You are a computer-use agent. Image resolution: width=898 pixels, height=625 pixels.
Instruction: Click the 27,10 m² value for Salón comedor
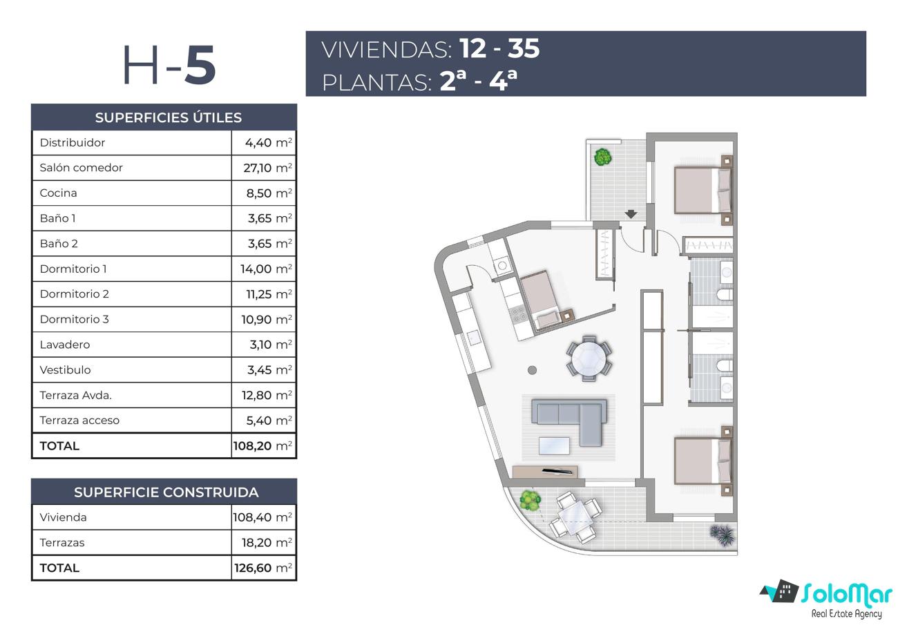(x=267, y=168)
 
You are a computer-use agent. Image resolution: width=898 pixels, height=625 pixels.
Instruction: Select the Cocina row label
(x=58, y=193)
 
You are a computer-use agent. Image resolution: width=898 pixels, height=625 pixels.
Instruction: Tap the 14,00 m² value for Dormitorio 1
(x=266, y=269)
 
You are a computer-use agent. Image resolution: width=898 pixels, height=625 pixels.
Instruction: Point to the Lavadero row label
(x=64, y=345)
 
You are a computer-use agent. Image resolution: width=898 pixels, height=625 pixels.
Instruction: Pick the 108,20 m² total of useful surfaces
(x=262, y=445)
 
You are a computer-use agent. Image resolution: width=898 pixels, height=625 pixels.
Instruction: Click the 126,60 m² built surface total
(x=263, y=568)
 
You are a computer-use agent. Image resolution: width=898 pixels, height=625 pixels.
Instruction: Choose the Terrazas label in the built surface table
(x=62, y=542)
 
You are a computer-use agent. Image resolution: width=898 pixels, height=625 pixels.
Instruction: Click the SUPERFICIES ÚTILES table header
(x=169, y=117)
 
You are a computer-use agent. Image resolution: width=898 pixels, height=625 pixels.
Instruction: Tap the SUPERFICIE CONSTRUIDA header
(x=166, y=492)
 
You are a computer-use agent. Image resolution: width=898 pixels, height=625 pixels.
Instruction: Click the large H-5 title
(x=169, y=64)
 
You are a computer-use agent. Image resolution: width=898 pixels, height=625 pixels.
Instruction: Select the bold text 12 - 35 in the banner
(x=499, y=48)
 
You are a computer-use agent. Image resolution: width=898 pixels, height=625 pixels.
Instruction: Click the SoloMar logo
(x=827, y=599)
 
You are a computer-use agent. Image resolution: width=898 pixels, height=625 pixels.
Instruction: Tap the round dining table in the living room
(x=589, y=358)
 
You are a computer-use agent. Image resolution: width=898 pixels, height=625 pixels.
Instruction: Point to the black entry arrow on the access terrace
(x=631, y=214)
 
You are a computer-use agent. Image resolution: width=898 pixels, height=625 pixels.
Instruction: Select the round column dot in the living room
(x=533, y=370)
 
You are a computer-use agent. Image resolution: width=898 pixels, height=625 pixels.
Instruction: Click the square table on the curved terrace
(x=576, y=517)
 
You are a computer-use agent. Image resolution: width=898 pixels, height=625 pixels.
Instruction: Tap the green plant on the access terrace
(x=602, y=157)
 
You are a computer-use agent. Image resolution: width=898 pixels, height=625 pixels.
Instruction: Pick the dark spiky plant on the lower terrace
(x=723, y=535)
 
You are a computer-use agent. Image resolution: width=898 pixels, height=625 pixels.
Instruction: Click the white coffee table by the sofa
(x=555, y=446)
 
